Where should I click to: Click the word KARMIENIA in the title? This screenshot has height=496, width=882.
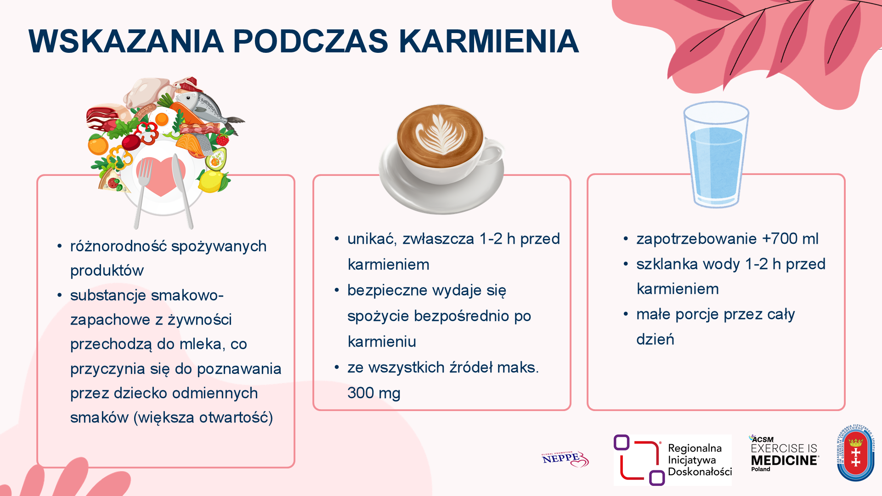pos(489,41)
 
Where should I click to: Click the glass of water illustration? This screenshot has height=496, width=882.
pos(716,155)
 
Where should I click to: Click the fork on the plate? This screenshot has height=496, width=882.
pos(142,193)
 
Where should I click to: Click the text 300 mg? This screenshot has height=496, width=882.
pos(374,393)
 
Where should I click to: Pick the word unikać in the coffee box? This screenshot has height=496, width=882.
pos(372,239)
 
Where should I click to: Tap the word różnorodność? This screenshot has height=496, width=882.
pos(119,246)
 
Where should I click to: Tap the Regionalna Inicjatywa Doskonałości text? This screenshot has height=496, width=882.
pos(700,460)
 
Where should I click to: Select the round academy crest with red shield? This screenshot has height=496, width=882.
pos(855,453)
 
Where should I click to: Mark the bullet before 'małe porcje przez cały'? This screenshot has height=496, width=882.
pos(626,315)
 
